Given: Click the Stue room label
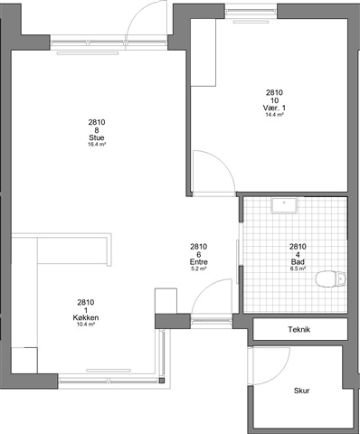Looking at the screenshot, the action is coord(97,137).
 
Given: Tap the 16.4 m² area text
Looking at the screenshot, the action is coord(97,145).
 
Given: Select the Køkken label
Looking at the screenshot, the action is coord(86,317).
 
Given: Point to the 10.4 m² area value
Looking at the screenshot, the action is coord(86,325).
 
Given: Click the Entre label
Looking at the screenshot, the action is coord(199,262).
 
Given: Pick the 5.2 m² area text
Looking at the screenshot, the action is coord(199,269).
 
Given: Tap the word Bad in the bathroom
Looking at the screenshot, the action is coord(298,262).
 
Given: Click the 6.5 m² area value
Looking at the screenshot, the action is coord(298,269).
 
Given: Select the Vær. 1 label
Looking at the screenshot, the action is coord(274,108).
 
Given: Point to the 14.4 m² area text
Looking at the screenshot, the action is coord(274,115).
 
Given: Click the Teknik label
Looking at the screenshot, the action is coord(299,329).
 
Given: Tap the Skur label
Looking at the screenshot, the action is coord(302,391).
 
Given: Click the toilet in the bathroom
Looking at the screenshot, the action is coord(330,278).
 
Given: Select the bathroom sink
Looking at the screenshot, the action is coord(284,205).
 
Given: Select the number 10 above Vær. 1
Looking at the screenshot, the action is coord(274,100).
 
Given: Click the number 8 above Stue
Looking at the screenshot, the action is coord(97,130).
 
